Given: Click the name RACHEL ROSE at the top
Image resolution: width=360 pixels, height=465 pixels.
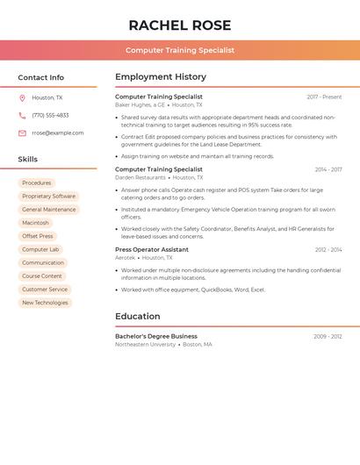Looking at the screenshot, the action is click(180, 25).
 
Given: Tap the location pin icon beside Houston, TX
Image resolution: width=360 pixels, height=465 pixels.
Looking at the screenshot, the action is click(22, 98).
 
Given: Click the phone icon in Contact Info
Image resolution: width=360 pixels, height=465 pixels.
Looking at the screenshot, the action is click(22, 115).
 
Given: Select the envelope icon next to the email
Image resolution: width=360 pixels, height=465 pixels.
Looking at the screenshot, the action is click(22, 133).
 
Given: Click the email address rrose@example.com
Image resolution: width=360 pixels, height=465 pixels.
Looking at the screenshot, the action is click(58, 133).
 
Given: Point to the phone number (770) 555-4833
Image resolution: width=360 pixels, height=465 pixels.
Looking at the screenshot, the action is click(50, 115).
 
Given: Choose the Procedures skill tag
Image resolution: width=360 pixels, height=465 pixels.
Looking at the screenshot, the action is click(37, 182).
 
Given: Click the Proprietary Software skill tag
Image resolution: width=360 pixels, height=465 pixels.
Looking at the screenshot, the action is click(49, 197).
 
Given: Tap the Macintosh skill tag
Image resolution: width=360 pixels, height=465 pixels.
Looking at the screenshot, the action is click(36, 223).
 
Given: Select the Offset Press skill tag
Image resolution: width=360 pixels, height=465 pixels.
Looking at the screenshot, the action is click(38, 236).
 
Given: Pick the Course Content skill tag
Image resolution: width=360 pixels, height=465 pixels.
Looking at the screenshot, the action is click(42, 276).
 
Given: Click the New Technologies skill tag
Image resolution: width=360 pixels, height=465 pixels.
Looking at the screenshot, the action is click(45, 303).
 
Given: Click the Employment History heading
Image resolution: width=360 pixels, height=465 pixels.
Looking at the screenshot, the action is click(161, 77).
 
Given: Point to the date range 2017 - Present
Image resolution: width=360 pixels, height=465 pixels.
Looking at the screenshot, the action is click(324, 97).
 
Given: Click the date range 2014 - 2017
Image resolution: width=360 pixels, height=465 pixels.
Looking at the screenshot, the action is click(328, 169).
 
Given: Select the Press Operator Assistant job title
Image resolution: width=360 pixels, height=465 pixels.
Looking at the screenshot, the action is click(152, 249).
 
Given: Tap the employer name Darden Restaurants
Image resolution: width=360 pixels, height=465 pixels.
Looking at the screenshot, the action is click(140, 177).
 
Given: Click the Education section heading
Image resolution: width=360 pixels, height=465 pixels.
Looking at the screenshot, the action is click(138, 316).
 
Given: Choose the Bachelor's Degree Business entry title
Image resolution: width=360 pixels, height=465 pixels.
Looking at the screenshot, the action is click(156, 336).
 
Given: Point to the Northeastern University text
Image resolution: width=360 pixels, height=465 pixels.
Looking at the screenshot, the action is click(146, 345).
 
